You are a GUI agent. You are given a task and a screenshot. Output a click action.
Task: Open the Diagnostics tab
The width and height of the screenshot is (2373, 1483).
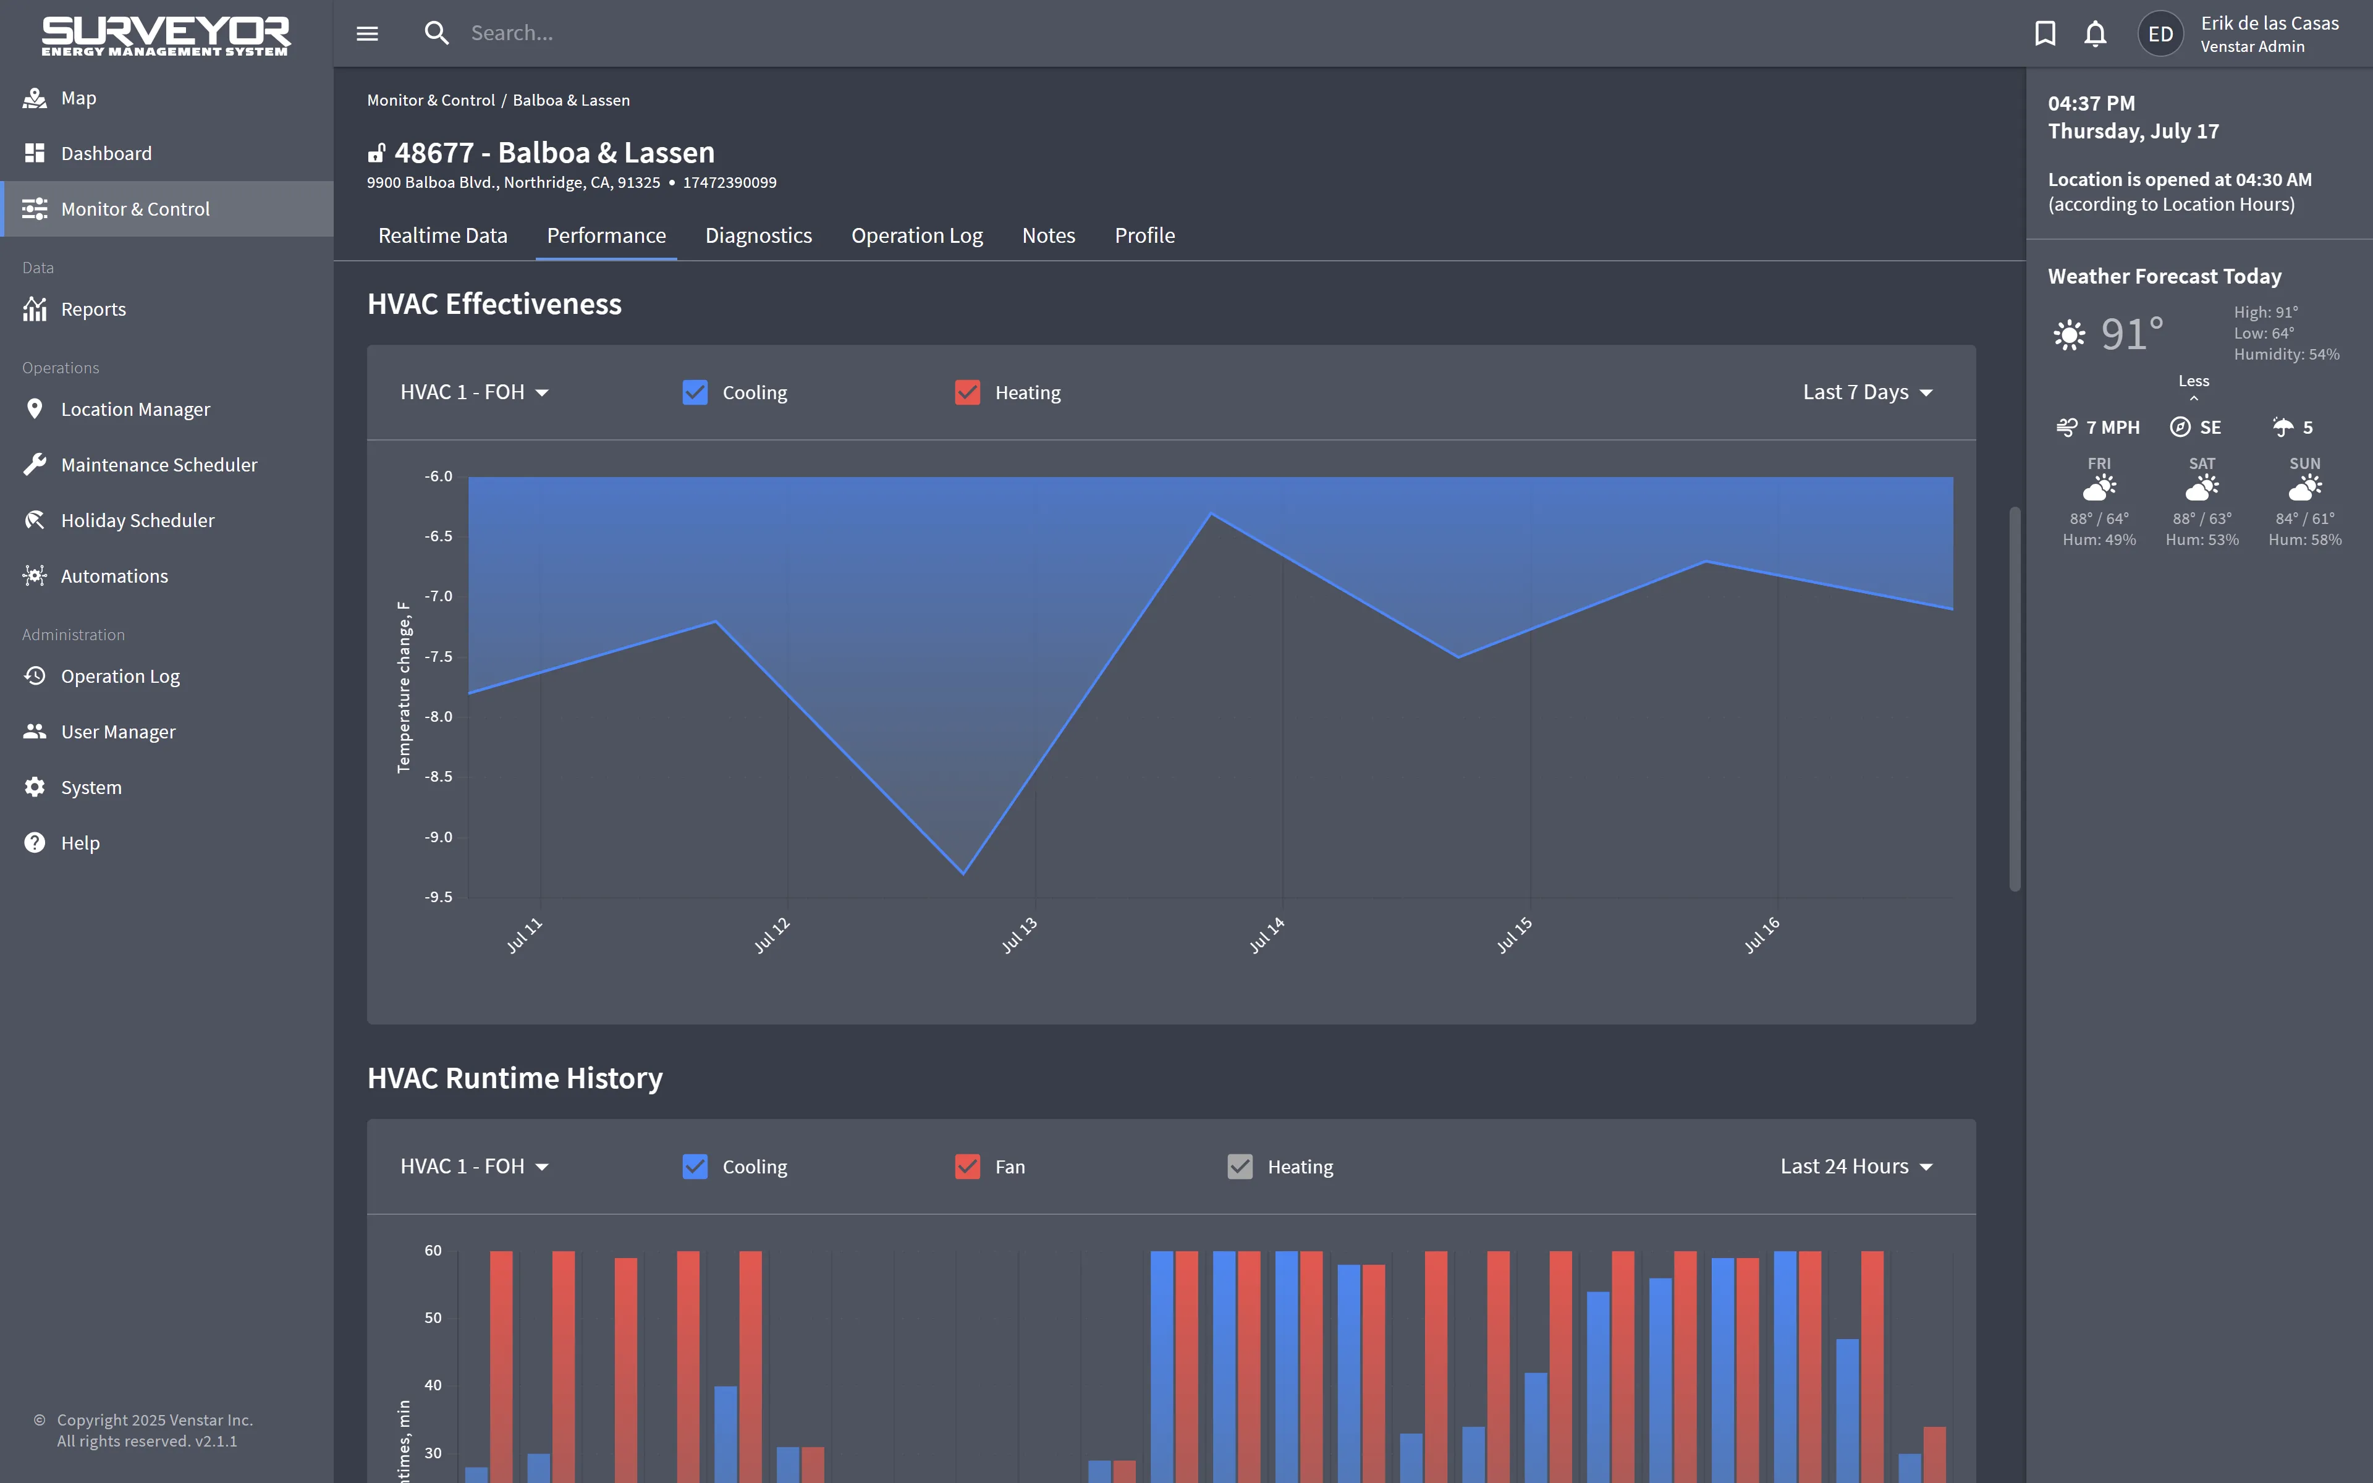coord(758,235)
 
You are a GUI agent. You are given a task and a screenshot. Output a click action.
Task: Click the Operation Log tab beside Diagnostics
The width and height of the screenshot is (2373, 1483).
coord(917,235)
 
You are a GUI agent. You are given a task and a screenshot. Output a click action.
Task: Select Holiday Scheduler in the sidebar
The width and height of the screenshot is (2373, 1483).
coord(137,520)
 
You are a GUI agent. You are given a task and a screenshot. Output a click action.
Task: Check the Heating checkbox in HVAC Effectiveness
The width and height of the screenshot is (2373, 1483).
coord(968,392)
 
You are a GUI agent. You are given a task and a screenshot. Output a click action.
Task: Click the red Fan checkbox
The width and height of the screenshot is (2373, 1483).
coord(968,1166)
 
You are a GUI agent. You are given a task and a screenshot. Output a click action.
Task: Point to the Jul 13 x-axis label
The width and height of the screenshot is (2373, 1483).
coord(1019,935)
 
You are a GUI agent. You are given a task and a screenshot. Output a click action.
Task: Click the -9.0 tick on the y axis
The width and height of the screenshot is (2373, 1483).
coord(438,837)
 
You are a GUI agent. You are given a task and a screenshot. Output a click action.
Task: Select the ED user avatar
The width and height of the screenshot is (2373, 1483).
coord(2160,35)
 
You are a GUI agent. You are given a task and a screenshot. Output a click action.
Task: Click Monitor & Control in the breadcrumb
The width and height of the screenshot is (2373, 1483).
coord(431,100)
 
